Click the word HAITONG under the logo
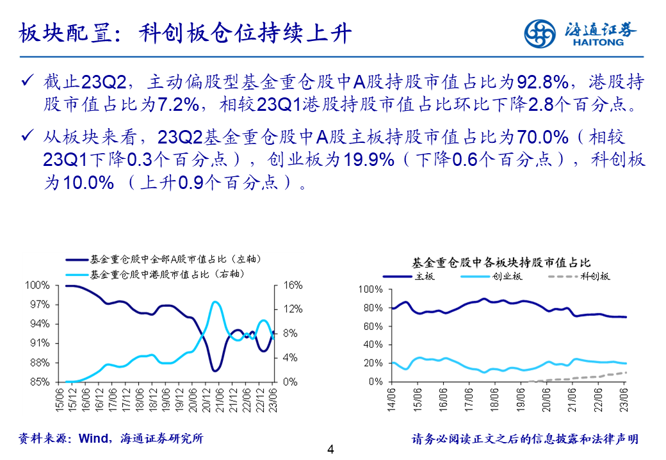click(x=594, y=44)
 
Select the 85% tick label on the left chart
click(x=39, y=382)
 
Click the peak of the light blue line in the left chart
click(x=215, y=302)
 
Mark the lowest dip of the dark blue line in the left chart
click(x=215, y=370)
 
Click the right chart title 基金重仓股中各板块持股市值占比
click(x=500, y=263)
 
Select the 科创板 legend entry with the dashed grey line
click(x=580, y=277)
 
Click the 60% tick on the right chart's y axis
click(x=373, y=327)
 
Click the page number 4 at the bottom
click(x=331, y=449)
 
